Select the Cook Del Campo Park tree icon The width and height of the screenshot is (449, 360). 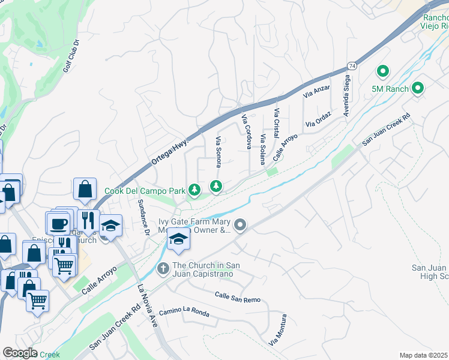[194, 190]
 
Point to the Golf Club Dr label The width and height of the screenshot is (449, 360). [71, 56]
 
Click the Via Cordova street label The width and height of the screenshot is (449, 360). [246, 131]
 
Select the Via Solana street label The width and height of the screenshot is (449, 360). [263, 149]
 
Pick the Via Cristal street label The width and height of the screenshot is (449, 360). [277, 122]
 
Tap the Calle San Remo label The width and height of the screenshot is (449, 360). [238, 297]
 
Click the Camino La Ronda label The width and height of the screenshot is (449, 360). [184, 313]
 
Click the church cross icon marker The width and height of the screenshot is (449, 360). [163, 269]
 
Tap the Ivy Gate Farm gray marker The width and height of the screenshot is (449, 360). [240, 226]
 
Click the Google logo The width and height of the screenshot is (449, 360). [20, 352]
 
